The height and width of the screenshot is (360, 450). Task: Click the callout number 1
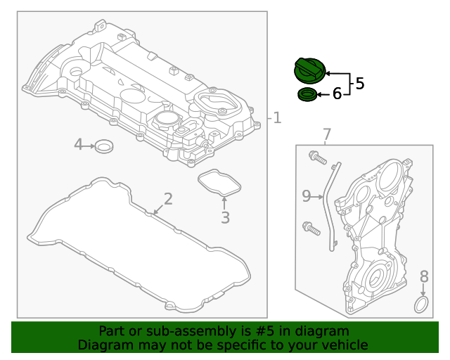(277, 118)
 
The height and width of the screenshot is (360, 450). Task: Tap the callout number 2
(167, 198)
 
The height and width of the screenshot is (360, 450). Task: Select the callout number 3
(225, 218)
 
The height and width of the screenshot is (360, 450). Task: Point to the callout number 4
(79, 145)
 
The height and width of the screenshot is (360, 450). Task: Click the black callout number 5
(359, 84)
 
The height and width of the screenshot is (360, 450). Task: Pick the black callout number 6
(337, 94)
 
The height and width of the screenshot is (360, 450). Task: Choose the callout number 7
(326, 134)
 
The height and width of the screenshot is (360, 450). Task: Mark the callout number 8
(424, 276)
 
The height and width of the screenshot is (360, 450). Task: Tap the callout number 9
(306, 196)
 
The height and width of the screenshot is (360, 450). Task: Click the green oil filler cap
(309, 70)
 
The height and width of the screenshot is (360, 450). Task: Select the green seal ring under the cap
(307, 94)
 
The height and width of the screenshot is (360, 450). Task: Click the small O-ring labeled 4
(105, 146)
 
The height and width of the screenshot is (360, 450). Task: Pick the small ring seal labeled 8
(421, 304)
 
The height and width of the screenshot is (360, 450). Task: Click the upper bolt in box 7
(317, 158)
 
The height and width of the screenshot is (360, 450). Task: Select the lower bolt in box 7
(310, 227)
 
